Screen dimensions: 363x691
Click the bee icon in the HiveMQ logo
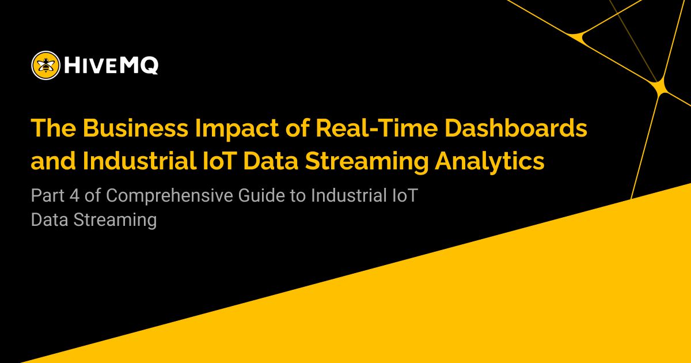[45, 65]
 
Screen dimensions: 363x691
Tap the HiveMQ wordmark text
[111, 66]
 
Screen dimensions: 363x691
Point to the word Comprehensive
[169, 195]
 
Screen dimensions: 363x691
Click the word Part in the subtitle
[50, 195]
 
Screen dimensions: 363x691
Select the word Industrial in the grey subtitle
[346, 195]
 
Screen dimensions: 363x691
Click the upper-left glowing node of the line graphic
[578, 37]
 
